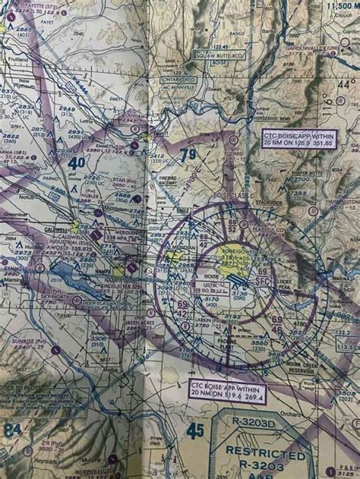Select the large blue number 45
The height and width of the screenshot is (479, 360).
[x=195, y=430]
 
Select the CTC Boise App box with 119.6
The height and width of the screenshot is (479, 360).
[x=226, y=389]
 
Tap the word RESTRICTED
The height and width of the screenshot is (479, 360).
[x=271, y=443]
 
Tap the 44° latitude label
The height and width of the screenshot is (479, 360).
[x=346, y=85]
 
